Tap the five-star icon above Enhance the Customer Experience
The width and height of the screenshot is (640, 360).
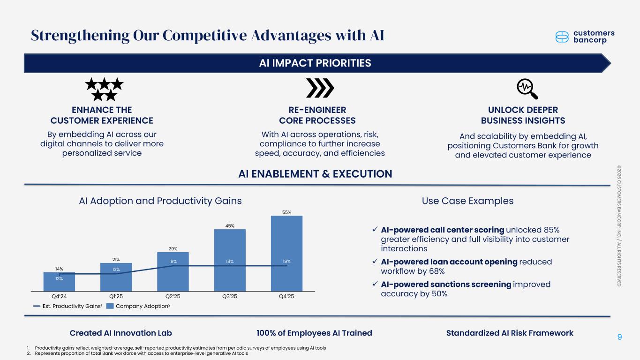point(104,90)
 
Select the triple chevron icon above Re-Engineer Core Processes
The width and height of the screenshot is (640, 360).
point(320,88)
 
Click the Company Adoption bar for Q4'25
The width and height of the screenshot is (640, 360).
point(286,253)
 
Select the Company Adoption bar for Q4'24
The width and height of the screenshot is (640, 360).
point(59,282)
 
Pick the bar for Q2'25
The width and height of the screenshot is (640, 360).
point(173,272)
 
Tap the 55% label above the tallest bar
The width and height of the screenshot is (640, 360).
point(286,212)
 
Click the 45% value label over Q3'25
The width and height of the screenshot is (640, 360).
point(229,226)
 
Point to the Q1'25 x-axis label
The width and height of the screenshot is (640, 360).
point(116,296)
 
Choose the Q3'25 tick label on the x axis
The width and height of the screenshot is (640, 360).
point(229,296)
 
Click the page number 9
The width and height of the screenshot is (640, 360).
point(620,337)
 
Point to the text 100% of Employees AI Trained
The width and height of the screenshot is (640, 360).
point(314,333)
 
